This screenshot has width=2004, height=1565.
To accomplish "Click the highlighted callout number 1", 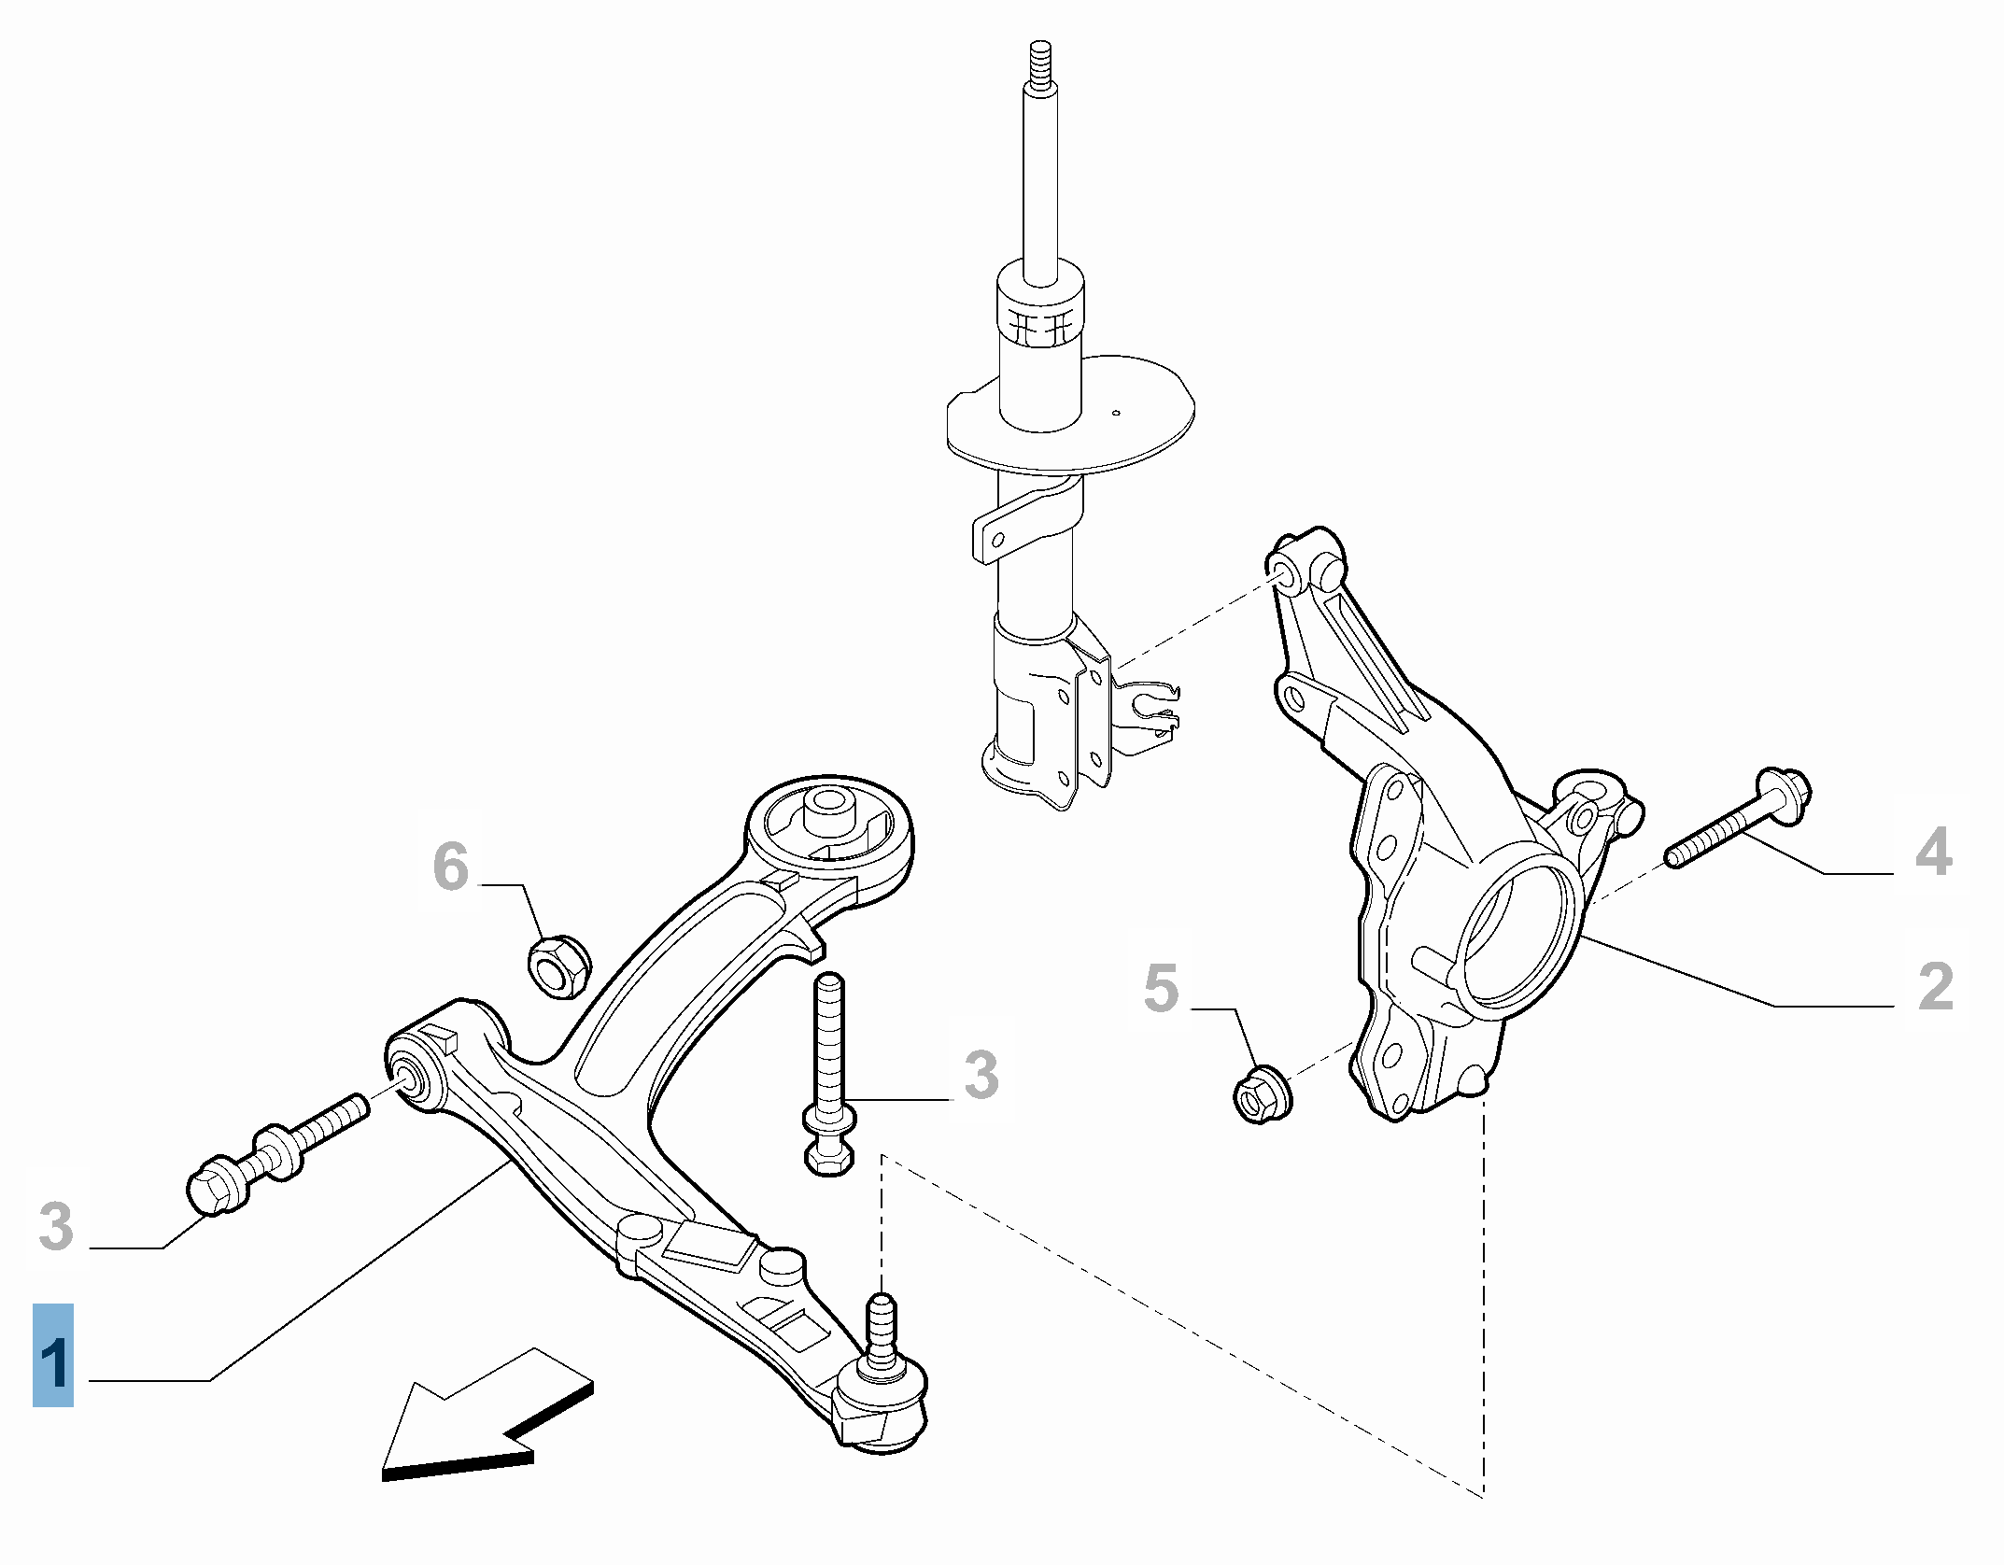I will point(53,1354).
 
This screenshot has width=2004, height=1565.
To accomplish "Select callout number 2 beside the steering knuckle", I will point(1934,986).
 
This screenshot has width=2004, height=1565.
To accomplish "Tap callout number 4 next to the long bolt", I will point(1933,852).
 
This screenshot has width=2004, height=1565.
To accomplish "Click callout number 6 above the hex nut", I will point(451,867).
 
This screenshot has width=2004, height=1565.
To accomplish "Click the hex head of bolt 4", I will point(1784,797).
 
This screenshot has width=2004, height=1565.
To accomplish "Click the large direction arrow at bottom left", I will point(476,1419).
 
